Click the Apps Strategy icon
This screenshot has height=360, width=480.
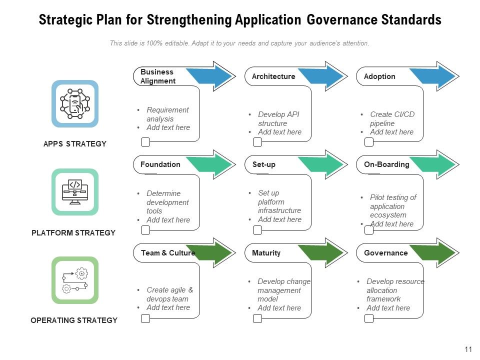(74, 103)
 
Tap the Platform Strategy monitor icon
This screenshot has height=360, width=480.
(74, 192)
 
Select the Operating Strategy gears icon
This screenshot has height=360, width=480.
(74, 280)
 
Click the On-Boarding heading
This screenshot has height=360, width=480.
(386, 164)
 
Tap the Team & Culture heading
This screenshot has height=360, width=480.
(167, 253)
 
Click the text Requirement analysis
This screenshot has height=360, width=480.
(167, 114)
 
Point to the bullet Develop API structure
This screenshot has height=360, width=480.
(279, 119)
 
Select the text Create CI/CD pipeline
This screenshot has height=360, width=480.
(391, 119)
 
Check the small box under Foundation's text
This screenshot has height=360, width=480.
(145, 230)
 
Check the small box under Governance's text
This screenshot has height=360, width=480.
(369, 318)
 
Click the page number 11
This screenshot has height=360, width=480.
(468, 349)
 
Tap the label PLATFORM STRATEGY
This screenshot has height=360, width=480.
(73, 232)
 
